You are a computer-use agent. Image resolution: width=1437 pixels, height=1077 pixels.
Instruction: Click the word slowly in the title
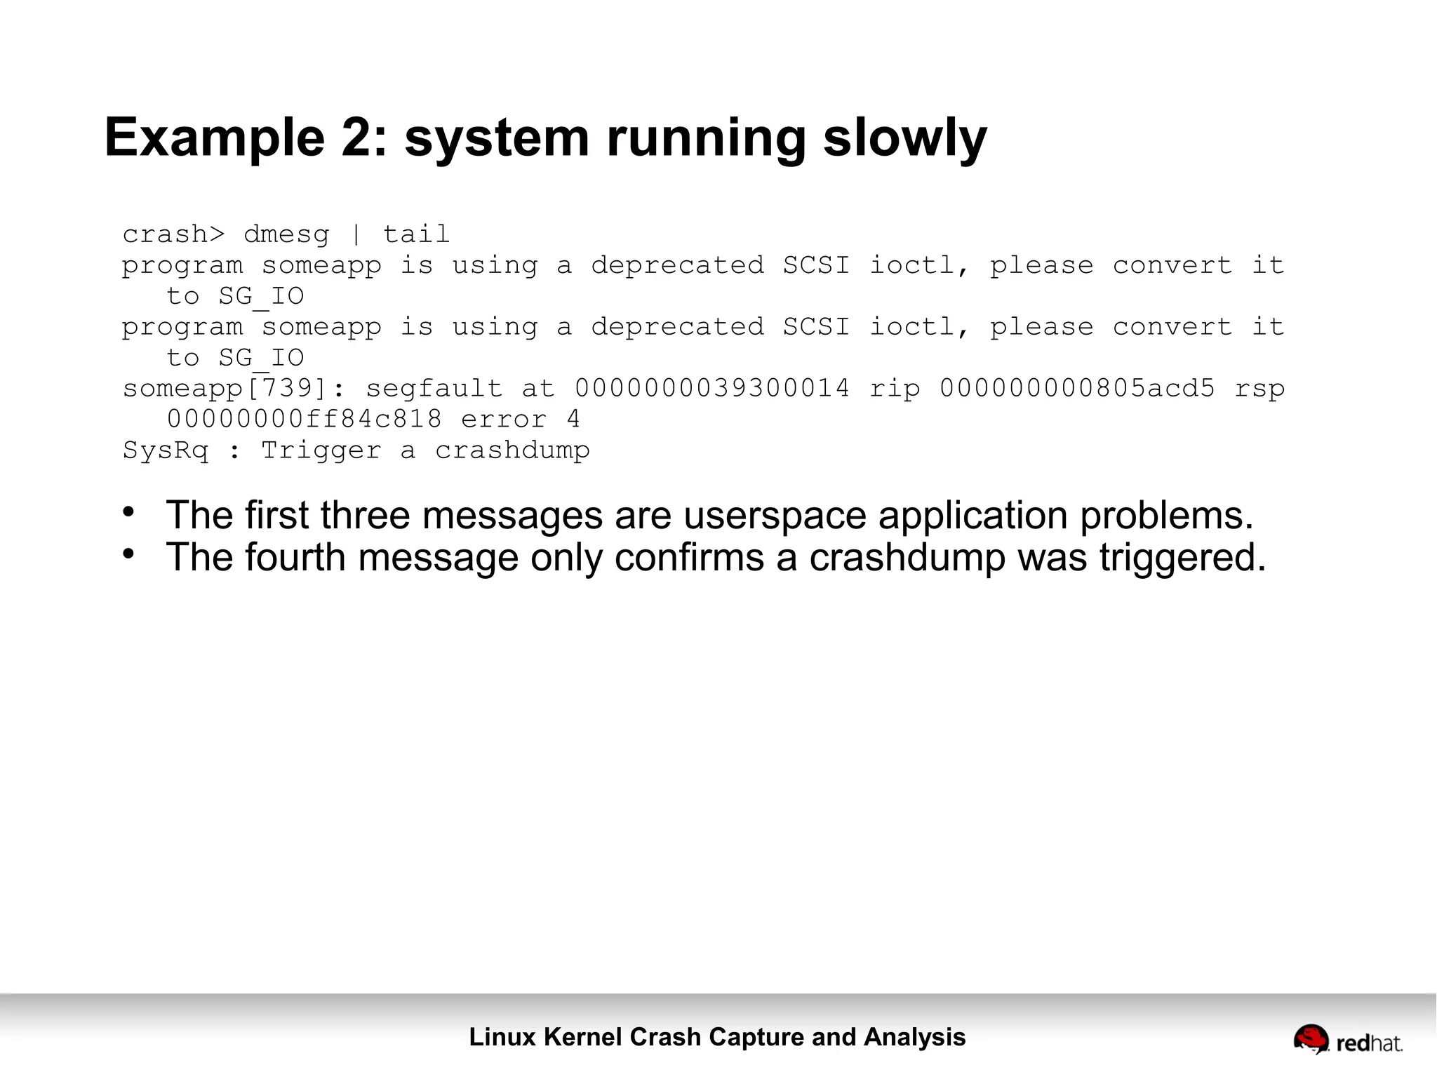click(x=904, y=138)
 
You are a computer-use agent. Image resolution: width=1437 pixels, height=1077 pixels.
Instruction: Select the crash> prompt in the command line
click(x=174, y=234)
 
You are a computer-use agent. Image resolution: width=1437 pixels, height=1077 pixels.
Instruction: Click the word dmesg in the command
click(x=286, y=234)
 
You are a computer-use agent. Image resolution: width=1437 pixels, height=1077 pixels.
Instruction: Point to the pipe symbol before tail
click(x=356, y=234)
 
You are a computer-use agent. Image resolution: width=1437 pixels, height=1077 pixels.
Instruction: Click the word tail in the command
click(x=416, y=234)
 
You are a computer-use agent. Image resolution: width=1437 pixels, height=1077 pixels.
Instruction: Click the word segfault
click(x=434, y=389)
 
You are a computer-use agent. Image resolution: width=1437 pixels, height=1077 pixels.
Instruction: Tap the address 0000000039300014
click(x=712, y=389)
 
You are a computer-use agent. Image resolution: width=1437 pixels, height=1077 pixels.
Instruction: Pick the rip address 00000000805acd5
click(x=1077, y=389)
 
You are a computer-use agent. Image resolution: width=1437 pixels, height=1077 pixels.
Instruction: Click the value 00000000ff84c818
click(x=305, y=420)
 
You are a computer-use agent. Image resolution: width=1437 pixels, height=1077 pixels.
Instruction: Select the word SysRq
click(x=166, y=450)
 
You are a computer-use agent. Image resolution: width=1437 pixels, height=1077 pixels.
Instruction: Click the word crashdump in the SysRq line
click(x=512, y=450)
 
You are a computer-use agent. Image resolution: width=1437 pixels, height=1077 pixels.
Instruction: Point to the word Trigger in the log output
click(x=321, y=450)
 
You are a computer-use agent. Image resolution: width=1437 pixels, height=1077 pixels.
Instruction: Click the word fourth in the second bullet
click(x=295, y=558)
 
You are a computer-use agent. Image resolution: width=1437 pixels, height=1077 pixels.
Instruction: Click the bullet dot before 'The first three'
click(x=128, y=512)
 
